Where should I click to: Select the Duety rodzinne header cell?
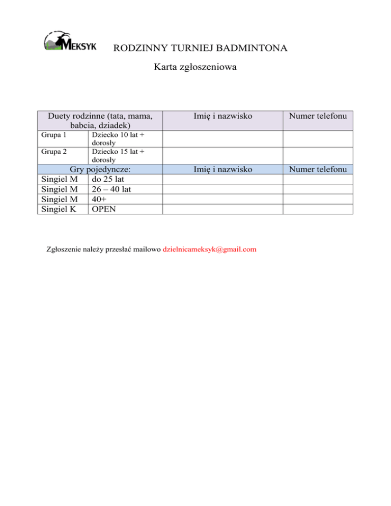click(100, 120)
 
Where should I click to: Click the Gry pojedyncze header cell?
click(100, 169)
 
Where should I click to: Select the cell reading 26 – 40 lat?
click(112, 189)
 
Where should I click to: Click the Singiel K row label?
click(58, 209)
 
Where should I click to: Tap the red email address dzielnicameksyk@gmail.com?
click(209, 249)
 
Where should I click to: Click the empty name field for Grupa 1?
click(222, 139)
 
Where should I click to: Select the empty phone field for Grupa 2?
click(318, 155)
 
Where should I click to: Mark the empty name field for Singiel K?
click(222, 209)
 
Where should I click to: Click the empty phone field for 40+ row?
click(318, 199)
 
